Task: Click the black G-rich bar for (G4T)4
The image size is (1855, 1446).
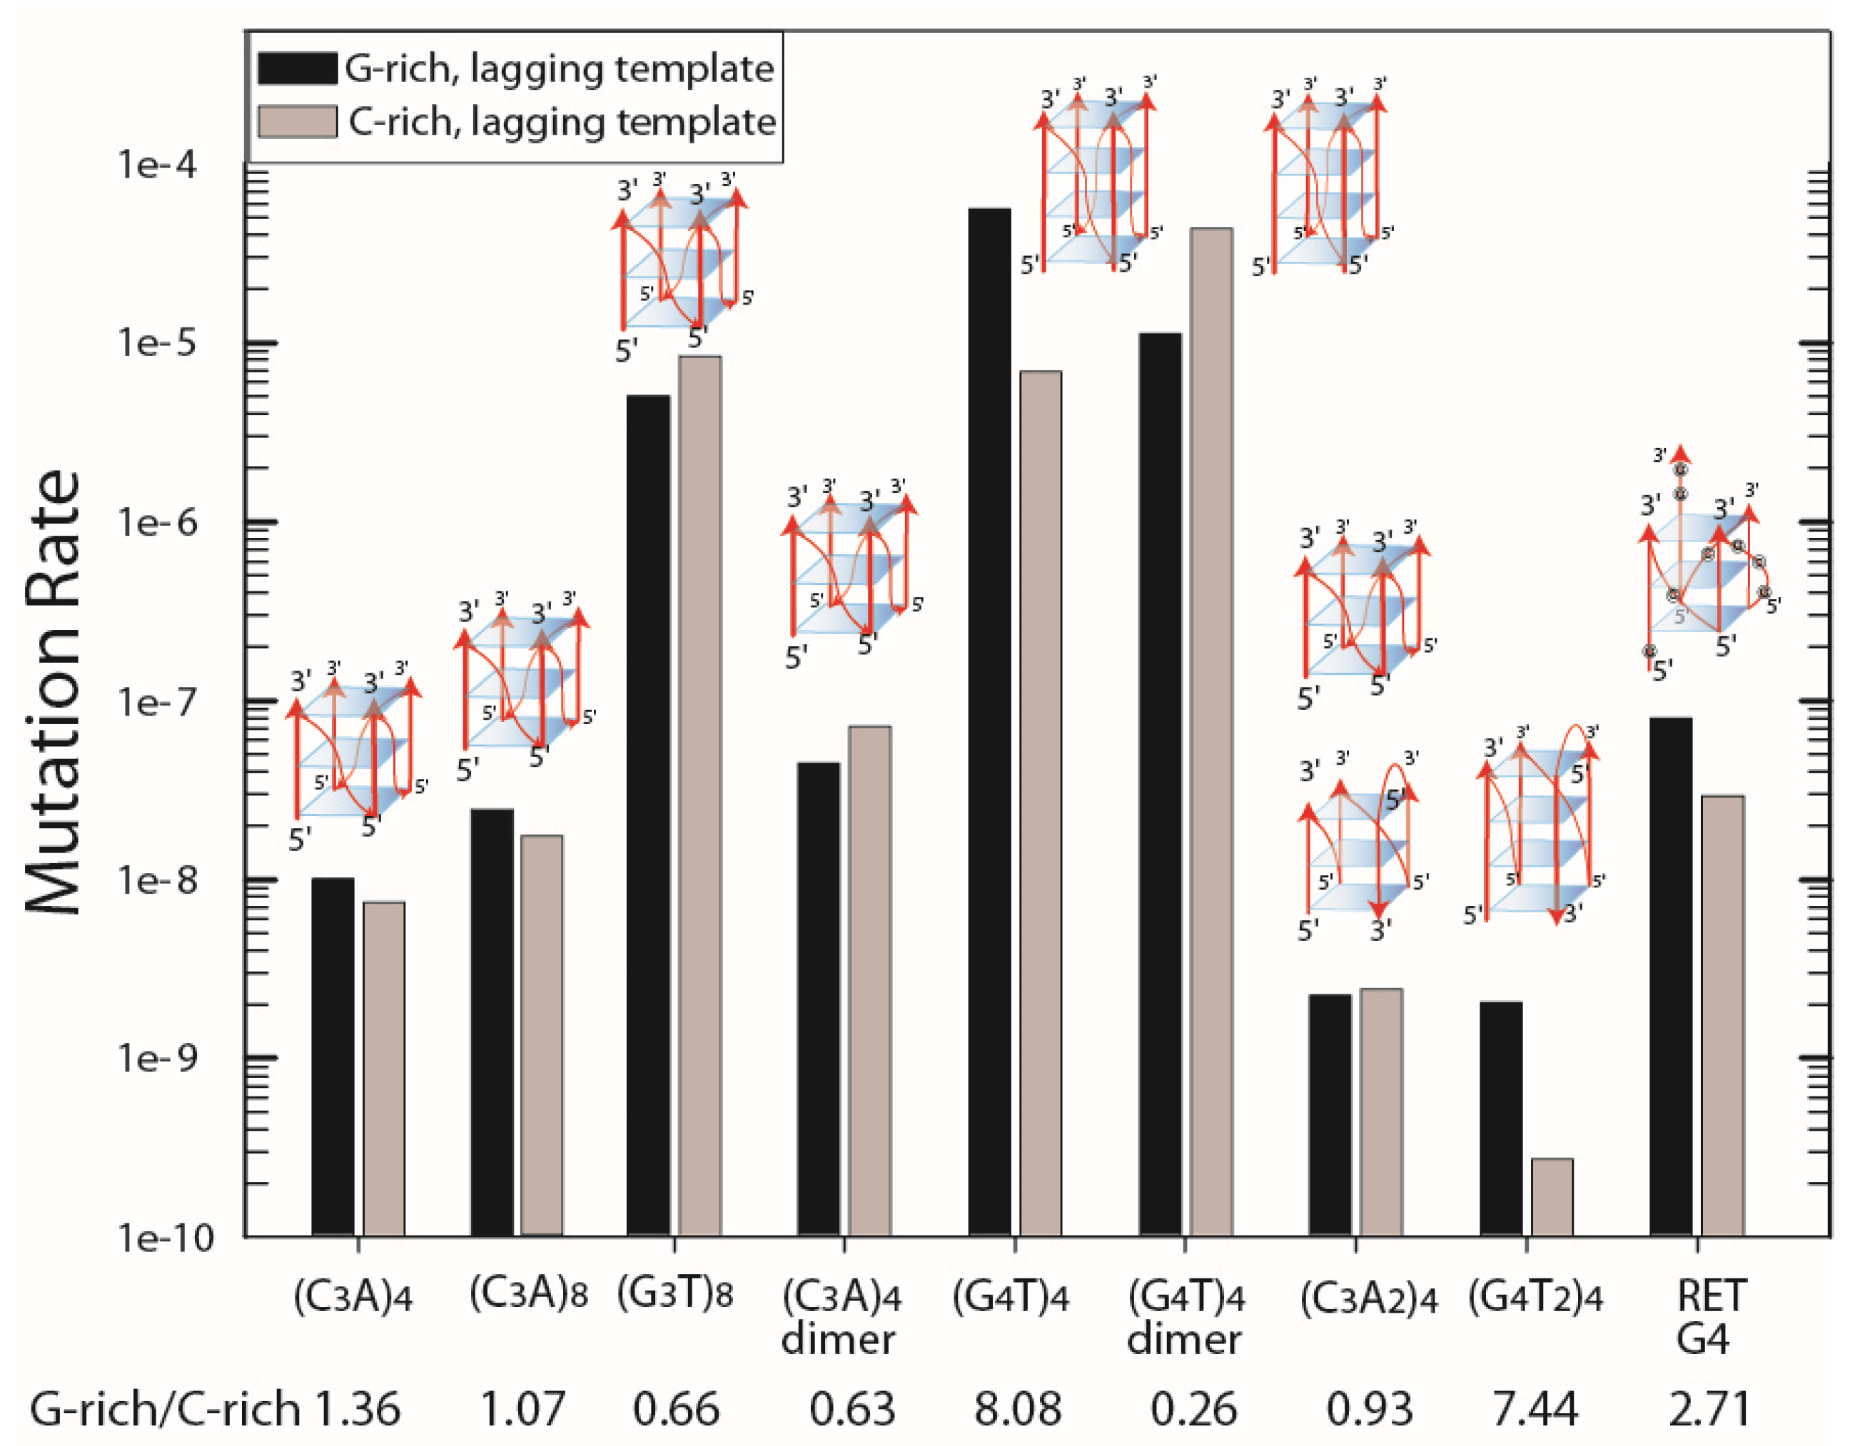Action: tap(989, 722)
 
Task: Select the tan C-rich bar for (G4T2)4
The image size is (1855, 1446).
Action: tap(1552, 1197)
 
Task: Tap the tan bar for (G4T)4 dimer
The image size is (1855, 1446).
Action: tap(1211, 730)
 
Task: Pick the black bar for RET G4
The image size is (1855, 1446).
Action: tap(1671, 977)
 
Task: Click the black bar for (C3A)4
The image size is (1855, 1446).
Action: tap(333, 1057)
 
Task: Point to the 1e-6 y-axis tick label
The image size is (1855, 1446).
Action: tap(157, 523)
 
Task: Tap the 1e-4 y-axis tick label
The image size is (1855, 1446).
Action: tap(157, 165)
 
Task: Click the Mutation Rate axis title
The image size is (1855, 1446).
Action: tap(53, 692)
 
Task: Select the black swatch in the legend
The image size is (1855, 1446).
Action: tap(298, 68)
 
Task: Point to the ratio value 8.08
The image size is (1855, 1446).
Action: tap(1018, 1410)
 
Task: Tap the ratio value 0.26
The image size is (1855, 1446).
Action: tap(1193, 1410)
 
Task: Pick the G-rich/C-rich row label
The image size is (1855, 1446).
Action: tap(166, 1410)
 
